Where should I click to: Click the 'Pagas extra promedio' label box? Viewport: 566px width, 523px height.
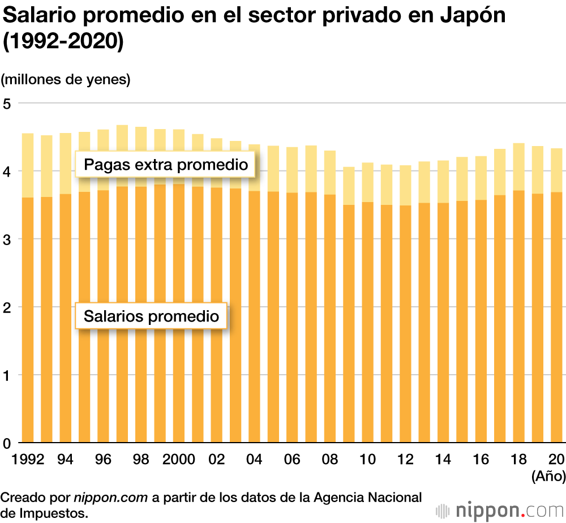point(165,165)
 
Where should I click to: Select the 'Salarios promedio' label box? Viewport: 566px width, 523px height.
point(151,316)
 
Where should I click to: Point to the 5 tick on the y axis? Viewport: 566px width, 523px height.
point(7,104)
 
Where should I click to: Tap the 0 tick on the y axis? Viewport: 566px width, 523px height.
point(7,443)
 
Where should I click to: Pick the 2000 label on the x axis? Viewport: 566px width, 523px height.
point(178,459)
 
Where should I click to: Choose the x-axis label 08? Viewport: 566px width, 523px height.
point(330,459)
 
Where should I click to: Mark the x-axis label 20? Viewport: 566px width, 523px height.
point(556,459)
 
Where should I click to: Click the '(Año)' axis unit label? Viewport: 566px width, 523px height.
point(548,477)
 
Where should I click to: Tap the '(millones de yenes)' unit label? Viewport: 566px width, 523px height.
point(66,80)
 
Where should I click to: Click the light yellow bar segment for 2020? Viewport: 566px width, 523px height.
point(556,170)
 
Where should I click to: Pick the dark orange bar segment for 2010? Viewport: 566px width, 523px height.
point(367,323)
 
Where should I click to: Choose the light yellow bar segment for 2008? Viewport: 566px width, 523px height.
point(330,173)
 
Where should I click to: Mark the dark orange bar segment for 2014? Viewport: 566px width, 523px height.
point(443,323)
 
